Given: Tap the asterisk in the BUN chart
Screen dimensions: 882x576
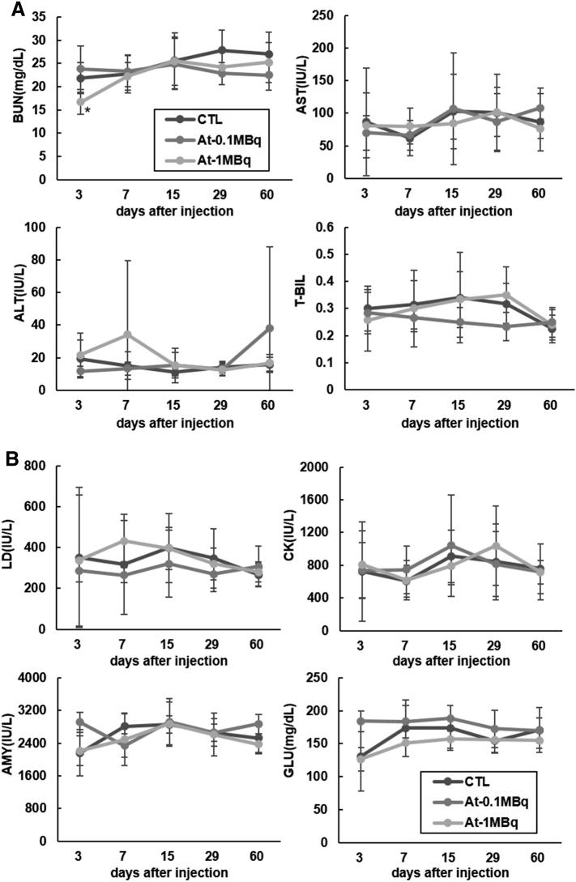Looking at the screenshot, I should [87, 110].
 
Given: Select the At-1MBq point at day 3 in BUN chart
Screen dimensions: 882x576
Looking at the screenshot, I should [79, 102].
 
